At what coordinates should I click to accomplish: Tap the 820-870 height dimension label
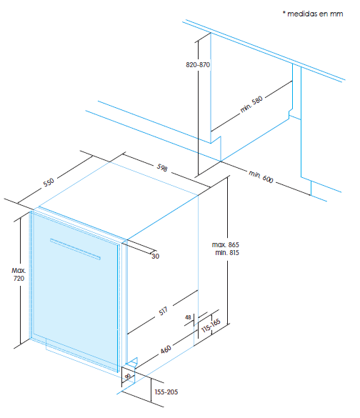point(198,65)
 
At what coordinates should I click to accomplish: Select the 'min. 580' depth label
point(251,104)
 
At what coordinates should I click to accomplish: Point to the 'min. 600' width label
point(261,176)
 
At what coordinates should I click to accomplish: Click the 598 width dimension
point(162,167)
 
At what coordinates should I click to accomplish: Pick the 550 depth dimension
point(49,182)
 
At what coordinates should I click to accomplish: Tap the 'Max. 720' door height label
point(19,274)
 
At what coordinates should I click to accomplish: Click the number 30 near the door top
point(155,257)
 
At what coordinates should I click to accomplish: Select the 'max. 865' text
point(226,244)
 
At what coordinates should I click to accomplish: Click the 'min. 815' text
point(227,252)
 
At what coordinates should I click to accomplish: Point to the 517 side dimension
point(163,311)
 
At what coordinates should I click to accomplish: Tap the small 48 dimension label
point(188,317)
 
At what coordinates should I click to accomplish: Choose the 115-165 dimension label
point(211,326)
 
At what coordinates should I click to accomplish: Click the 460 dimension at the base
point(166,349)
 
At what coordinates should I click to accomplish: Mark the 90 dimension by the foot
point(128,376)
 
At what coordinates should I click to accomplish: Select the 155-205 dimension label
point(166,392)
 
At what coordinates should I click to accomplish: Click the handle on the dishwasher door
point(75,249)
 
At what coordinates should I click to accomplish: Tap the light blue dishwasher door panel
point(74,291)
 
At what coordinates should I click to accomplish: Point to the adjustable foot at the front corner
point(131,362)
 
